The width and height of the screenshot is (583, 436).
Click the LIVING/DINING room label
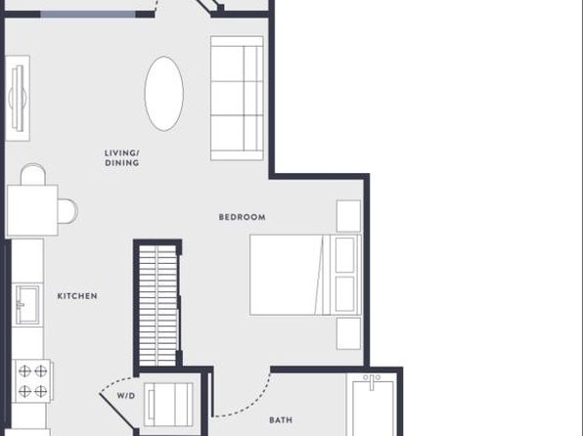122,158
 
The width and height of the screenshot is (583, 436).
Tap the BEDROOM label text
242,217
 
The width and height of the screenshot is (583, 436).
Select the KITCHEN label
77,296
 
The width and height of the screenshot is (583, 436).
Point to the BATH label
281,420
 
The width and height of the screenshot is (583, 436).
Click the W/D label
126,396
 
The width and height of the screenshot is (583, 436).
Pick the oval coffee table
164,94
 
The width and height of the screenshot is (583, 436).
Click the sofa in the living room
237,98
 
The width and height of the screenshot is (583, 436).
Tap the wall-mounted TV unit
18,98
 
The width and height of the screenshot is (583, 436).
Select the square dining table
32,210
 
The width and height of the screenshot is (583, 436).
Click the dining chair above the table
33,174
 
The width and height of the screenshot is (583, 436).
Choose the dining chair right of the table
67,211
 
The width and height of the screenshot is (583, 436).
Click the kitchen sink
26,305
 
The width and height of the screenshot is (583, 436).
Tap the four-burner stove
32,381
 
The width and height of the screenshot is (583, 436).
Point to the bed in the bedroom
305,275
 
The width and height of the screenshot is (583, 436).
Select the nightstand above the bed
348,216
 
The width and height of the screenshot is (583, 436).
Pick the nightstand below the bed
348,333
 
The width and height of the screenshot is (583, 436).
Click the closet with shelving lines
158,306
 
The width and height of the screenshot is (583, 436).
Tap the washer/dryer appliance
169,405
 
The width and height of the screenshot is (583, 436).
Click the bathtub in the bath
373,407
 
